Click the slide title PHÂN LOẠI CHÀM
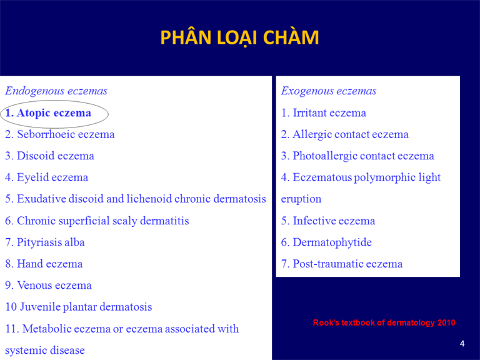(x=239, y=37)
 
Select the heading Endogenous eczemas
(x=56, y=91)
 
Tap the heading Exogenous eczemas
(x=329, y=91)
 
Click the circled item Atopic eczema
(x=48, y=113)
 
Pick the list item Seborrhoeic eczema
(x=60, y=134)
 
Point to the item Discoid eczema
(x=49, y=156)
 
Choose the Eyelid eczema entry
(x=46, y=177)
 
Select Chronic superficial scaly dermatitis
(x=97, y=221)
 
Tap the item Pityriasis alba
(x=45, y=242)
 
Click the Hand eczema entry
(x=44, y=264)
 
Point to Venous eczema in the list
(x=48, y=285)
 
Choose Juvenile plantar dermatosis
(x=79, y=307)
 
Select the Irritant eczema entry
(x=324, y=113)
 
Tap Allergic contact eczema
(x=345, y=134)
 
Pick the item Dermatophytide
(x=326, y=242)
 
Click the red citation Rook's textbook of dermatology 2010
(x=384, y=322)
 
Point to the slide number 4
(x=462, y=344)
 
